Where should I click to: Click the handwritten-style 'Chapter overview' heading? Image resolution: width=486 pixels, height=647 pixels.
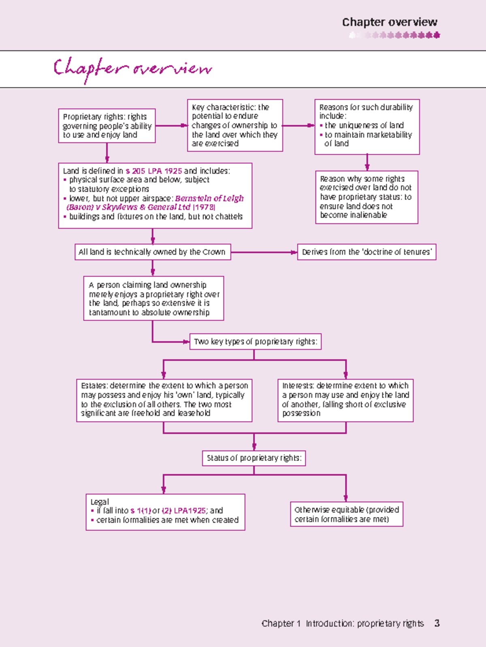pyautogui.click(x=132, y=69)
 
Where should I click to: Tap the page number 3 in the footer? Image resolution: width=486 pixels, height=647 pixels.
pyautogui.click(x=437, y=623)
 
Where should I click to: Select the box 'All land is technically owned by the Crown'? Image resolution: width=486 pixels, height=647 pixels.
pyautogui.click(x=152, y=252)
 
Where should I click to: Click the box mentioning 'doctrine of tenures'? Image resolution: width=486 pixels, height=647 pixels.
pyautogui.click(x=367, y=252)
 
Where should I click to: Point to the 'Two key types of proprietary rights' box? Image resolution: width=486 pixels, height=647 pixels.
pyautogui.click(x=255, y=342)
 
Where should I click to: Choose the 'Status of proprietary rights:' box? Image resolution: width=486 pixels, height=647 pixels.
pyautogui.click(x=254, y=458)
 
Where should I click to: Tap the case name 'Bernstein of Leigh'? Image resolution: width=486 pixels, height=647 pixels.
pyautogui.click(x=209, y=198)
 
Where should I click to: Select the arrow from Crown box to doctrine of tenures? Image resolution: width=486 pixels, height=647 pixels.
pyautogui.click(x=263, y=252)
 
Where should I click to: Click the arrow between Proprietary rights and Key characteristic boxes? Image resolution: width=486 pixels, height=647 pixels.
pyautogui.click(x=171, y=126)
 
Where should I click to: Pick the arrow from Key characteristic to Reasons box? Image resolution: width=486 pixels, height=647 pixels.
pyautogui.click(x=298, y=126)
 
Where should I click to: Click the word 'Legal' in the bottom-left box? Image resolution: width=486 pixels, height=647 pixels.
pyautogui.click(x=100, y=502)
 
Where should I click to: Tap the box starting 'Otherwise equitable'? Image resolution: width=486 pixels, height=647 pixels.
pyautogui.click(x=346, y=514)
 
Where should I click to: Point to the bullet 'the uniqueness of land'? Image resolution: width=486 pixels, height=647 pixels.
pyautogui.click(x=364, y=126)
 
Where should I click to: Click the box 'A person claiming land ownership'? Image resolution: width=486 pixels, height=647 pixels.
pyautogui.click(x=153, y=298)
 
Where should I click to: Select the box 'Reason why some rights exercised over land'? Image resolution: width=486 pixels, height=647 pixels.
pyautogui.click(x=367, y=197)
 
